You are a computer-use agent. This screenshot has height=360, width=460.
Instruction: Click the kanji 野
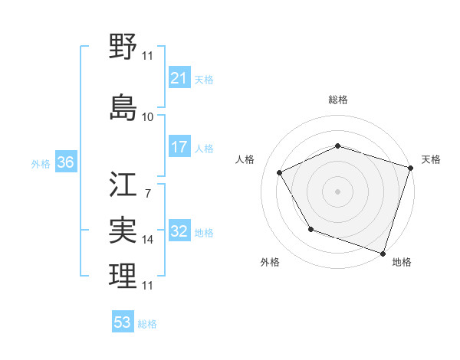coord(123,47)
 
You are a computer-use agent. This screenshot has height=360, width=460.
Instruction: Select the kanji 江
coord(123,185)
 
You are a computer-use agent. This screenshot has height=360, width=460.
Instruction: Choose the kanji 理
coord(123,275)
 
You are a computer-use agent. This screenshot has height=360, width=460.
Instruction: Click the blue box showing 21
coord(179,77)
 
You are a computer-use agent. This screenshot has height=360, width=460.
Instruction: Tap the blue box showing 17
coord(179,146)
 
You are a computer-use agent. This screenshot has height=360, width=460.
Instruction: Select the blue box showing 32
coord(179,231)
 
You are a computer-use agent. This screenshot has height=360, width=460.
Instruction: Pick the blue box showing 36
coord(65,162)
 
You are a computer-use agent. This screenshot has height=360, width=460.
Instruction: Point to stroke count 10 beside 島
coord(147,117)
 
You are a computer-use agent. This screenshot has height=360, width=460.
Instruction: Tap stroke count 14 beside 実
coord(147,240)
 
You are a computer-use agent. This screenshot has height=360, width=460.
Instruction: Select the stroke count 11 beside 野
coord(147,55)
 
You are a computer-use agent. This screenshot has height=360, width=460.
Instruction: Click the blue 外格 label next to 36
coord(41,163)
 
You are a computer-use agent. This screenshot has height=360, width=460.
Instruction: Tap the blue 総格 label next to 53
coord(147,324)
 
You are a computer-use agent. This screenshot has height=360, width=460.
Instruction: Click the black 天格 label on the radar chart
coord(431,159)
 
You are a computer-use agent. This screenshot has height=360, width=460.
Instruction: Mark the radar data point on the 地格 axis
coord(383,253)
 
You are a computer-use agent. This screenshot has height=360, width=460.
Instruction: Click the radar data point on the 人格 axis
coord(280,173)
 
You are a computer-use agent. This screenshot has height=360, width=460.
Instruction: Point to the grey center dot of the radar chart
coord(337,191)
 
